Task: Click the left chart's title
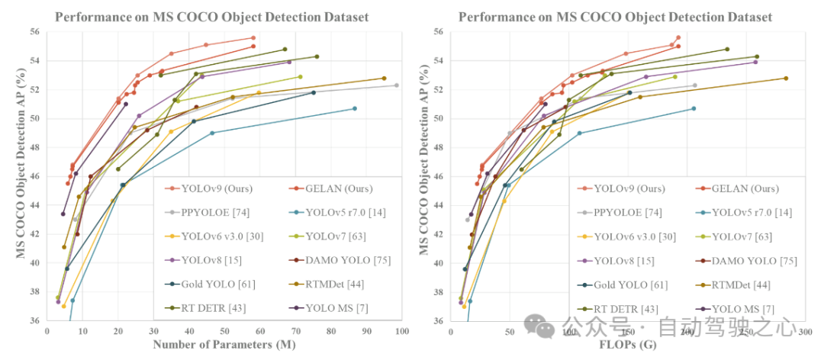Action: click(x=211, y=17)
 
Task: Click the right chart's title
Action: click(x=615, y=17)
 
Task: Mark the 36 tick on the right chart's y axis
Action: click(x=436, y=320)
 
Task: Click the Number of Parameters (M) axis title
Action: click(x=224, y=345)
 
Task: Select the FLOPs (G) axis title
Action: click(x=627, y=345)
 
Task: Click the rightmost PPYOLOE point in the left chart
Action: click(x=396, y=85)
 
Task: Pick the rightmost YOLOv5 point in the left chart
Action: click(x=355, y=108)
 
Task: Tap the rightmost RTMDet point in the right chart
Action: click(x=786, y=78)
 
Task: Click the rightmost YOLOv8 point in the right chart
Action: click(x=755, y=62)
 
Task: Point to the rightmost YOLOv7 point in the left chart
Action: click(x=300, y=76)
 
